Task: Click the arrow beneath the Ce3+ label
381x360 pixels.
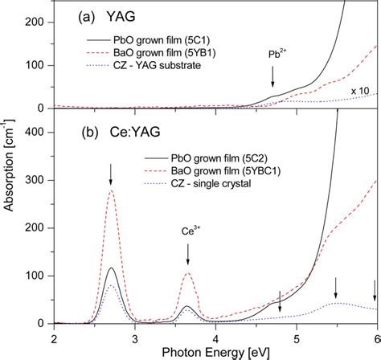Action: [188, 254]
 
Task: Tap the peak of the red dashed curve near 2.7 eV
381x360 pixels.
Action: [111, 190]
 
